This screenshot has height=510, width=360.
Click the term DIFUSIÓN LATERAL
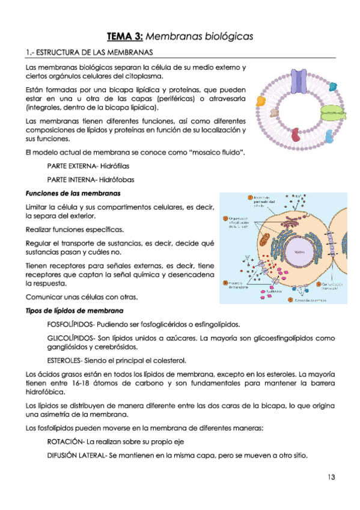click(x=75, y=455)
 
